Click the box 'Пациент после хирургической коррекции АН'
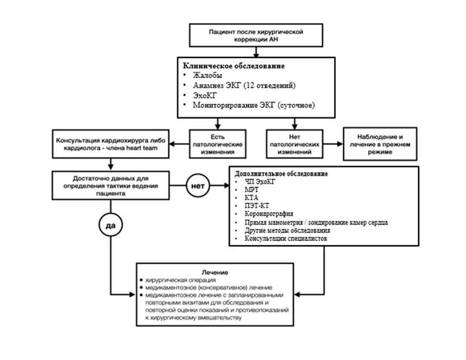(x=256, y=35)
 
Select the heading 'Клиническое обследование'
(x=233, y=66)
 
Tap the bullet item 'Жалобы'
(x=208, y=76)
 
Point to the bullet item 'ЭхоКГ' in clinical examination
(x=205, y=95)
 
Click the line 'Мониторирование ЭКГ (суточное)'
(x=254, y=105)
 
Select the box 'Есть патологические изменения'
(x=218, y=144)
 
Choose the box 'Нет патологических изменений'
(x=295, y=144)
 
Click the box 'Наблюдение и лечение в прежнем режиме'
(x=380, y=144)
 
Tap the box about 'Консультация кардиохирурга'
(x=111, y=144)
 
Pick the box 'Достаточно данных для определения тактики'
(x=111, y=185)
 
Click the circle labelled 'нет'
(x=198, y=185)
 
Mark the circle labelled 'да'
(x=111, y=225)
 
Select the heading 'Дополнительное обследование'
(x=281, y=174)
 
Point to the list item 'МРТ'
(x=252, y=189)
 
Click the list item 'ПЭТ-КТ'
(x=257, y=206)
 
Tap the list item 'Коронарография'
(x=269, y=214)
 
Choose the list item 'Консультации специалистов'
(x=286, y=239)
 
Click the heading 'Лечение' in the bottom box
(x=215, y=273)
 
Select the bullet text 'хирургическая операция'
(x=180, y=280)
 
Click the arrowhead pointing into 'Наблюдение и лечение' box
(x=340, y=144)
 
